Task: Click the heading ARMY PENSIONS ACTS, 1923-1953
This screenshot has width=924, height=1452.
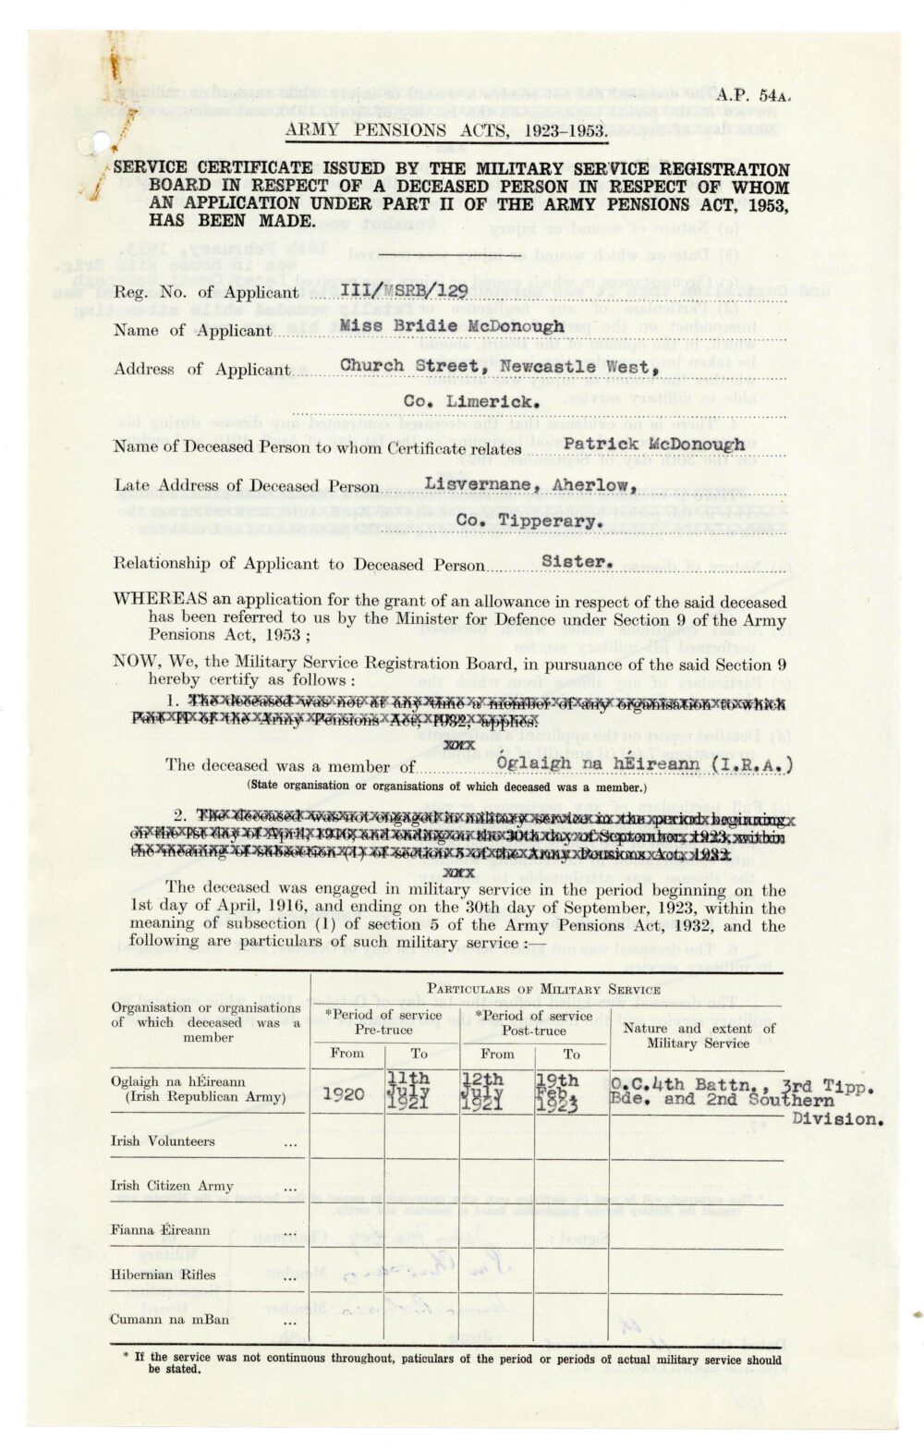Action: point(445,130)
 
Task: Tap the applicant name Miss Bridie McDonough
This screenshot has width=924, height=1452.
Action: point(451,326)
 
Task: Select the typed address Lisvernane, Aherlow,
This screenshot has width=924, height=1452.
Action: point(530,484)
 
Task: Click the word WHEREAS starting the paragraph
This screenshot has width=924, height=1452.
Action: point(161,598)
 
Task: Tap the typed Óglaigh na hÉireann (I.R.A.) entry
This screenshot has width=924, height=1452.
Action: point(644,763)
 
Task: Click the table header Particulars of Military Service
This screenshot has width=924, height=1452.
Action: point(543,989)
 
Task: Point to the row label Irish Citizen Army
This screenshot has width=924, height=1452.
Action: point(172,1186)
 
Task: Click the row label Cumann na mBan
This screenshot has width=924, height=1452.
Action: point(171,1320)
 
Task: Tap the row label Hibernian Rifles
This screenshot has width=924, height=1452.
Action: point(164,1275)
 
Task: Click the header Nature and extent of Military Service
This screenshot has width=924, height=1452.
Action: point(699,1035)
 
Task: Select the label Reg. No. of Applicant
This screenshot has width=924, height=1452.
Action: point(205,292)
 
